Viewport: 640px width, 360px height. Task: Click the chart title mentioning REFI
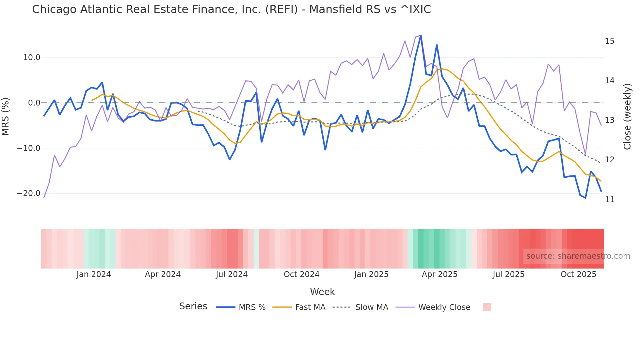(x=231, y=9)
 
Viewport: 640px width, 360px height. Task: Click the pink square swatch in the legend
(x=487, y=307)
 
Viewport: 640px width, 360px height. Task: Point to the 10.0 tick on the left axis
(x=32, y=57)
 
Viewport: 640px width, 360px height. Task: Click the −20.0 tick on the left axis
(x=29, y=193)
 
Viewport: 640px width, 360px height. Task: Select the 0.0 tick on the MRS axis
(x=34, y=103)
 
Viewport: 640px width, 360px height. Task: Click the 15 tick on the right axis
(x=609, y=41)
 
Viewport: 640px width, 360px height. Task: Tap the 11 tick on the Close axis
(x=609, y=200)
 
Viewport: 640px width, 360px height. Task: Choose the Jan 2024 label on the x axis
(x=94, y=274)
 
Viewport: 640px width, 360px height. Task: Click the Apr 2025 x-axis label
(x=440, y=274)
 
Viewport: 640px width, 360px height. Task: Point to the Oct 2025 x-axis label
(x=578, y=274)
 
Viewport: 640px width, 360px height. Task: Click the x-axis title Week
(x=322, y=292)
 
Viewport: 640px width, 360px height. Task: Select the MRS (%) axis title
(x=6, y=117)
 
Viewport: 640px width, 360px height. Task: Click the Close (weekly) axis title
(x=627, y=117)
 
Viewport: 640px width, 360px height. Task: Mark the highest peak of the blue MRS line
(x=421, y=36)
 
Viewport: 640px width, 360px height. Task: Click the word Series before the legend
(x=193, y=306)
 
